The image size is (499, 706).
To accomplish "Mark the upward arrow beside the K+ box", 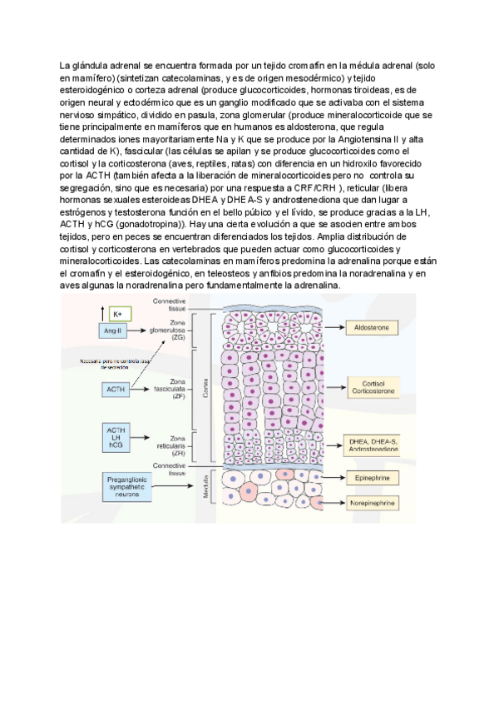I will [101, 313].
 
